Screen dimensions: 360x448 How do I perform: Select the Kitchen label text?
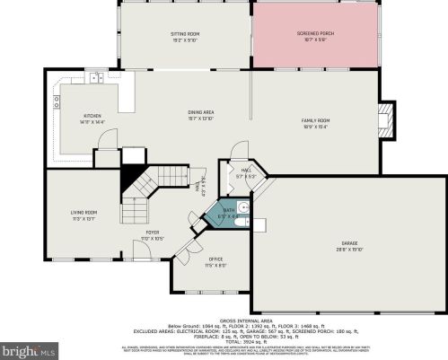(x=93, y=118)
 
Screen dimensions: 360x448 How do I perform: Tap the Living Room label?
(x=84, y=214)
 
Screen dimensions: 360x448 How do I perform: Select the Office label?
(x=215, y=260)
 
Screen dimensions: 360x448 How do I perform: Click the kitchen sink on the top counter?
(x=93, y=79)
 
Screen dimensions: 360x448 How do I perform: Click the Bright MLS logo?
(x=27, y=348)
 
